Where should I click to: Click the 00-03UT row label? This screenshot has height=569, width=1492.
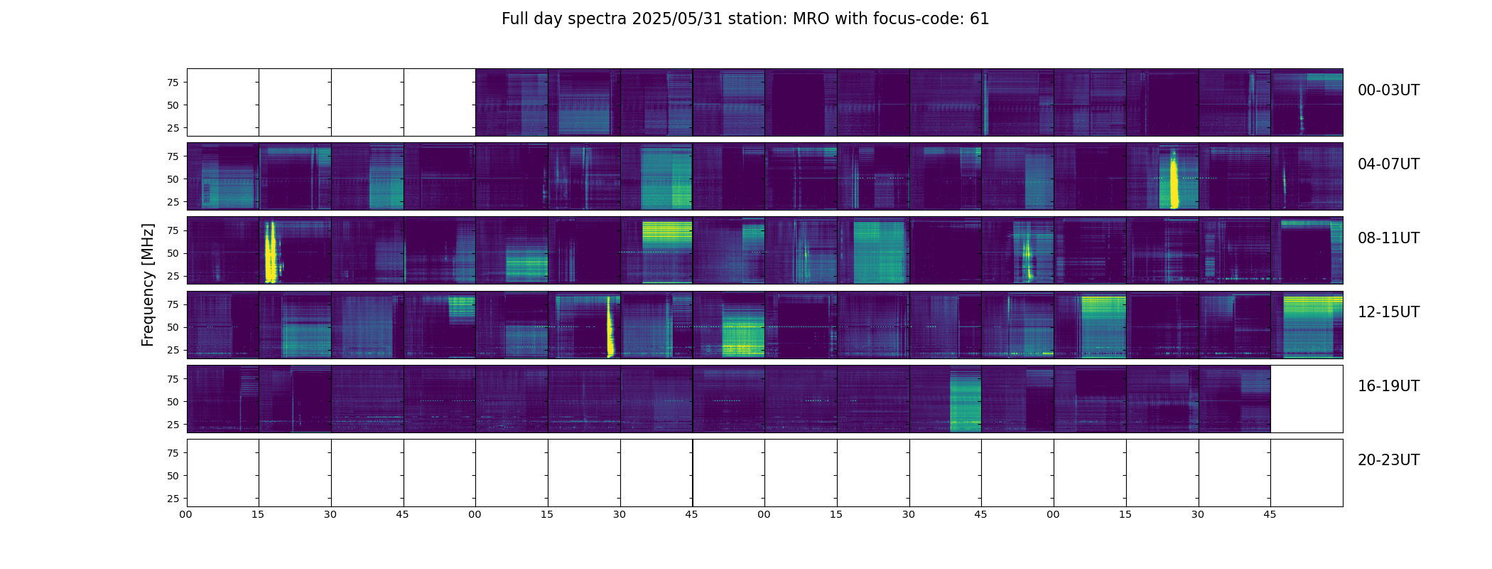[x=1388, y=90]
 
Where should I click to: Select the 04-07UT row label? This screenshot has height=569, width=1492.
[x=1388, y=164]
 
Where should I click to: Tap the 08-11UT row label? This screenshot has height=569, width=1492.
[x=1388, y=238]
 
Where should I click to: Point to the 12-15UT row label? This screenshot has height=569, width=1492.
[x=1388, y=312]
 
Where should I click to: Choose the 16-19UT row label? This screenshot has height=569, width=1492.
[x=1388, y=386]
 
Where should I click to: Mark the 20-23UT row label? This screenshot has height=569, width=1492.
[x=1388, y=460]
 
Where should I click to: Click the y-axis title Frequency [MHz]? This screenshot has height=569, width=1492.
[x=148, y=284]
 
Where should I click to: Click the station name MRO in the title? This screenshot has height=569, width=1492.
[x=808, y=19]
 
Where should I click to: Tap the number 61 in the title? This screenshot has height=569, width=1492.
[x=979, y=19]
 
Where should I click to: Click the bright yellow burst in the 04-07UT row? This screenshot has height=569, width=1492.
[x=1174, y=184]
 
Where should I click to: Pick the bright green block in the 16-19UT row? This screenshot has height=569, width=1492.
[x=966, y=405]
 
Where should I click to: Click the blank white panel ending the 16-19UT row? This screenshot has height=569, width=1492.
[x=1306, y=399]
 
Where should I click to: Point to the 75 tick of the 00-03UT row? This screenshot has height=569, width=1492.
[x=173, y=83]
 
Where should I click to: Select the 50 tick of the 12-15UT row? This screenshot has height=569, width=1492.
[x=173, y=327]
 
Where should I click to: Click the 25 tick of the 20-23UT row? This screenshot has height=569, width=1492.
[x=173, y=499]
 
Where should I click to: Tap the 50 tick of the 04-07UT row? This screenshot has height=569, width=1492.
[x=173, y=179]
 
